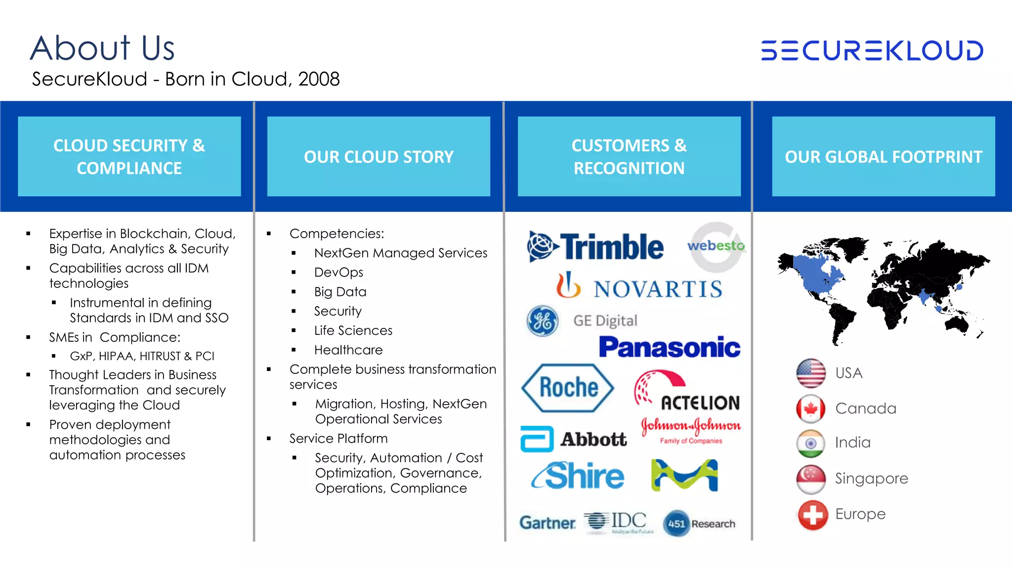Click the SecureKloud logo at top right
pos(872,50)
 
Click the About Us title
pos(102,48)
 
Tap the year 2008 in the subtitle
pos(319,79)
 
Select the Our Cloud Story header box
pos(379,156)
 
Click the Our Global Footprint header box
pos(883,156)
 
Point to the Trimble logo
pos(596,246)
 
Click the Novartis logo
pos(639,286)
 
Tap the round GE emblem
pos(542,321)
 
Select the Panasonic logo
pos(669,347)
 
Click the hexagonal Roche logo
pos(567,388)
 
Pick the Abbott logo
pos(574,439)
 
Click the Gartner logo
pos(548,523)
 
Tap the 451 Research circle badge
pos(676,524)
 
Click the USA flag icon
pos(811,373)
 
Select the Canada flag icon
pos(811,408)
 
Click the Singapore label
pos(871,478)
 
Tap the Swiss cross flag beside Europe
pos(812,515)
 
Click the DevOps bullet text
pos(338,272)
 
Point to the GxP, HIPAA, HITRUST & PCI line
pos(142,356)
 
